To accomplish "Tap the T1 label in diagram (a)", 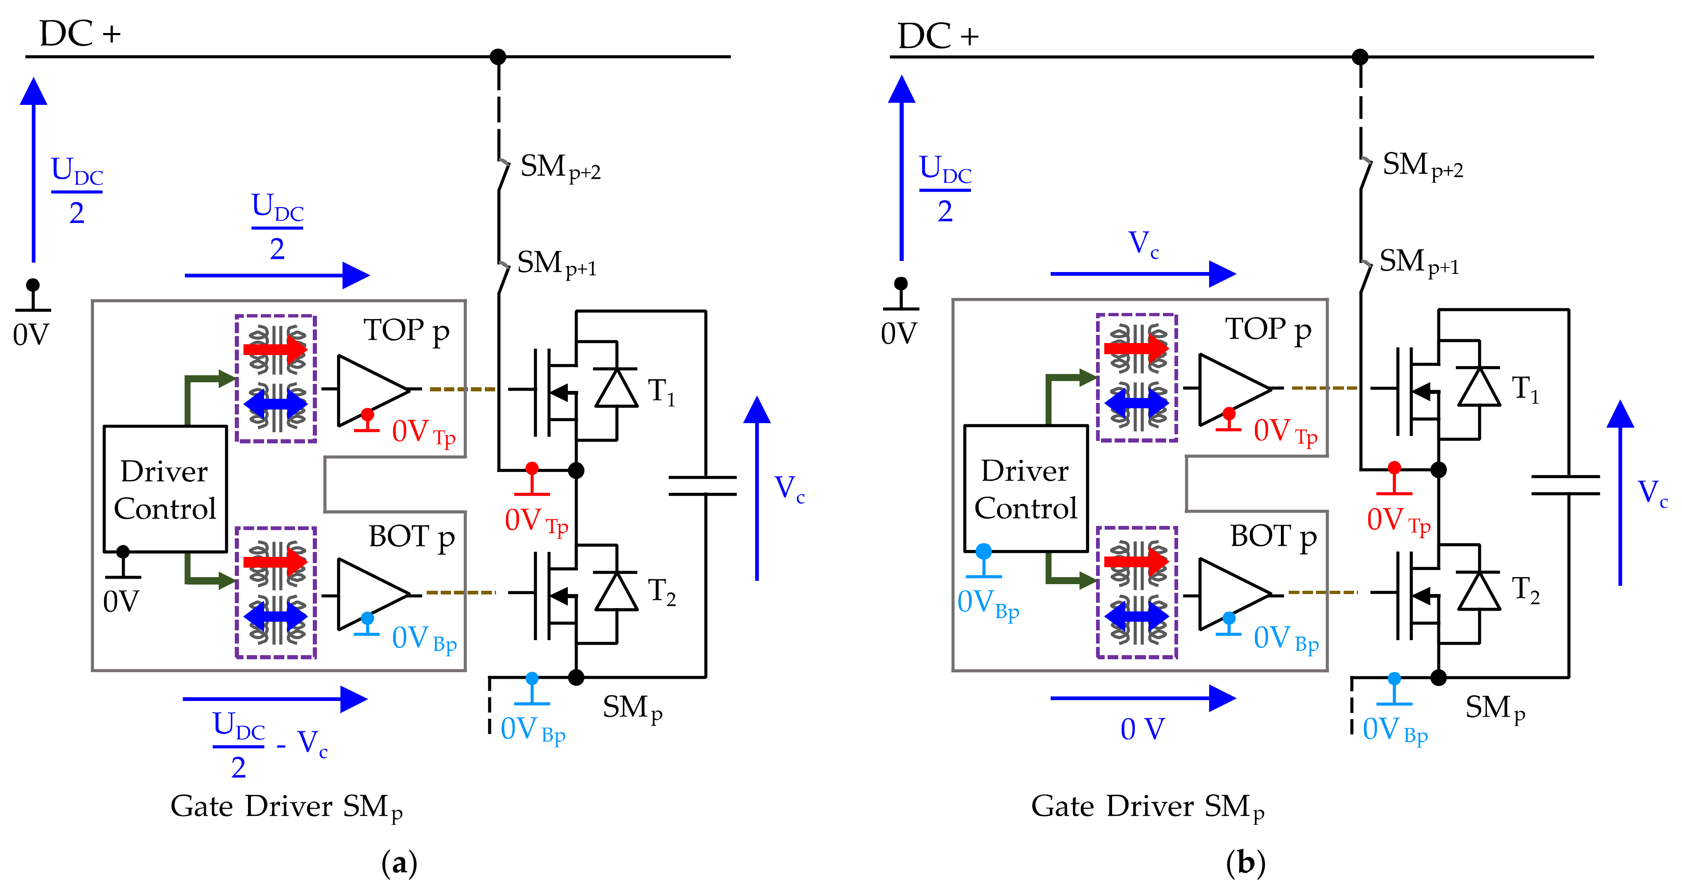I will coord(661,391).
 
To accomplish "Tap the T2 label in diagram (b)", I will coord(1525,591).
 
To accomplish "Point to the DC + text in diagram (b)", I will coord(938,36).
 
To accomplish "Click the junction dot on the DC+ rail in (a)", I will coord(498,57).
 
